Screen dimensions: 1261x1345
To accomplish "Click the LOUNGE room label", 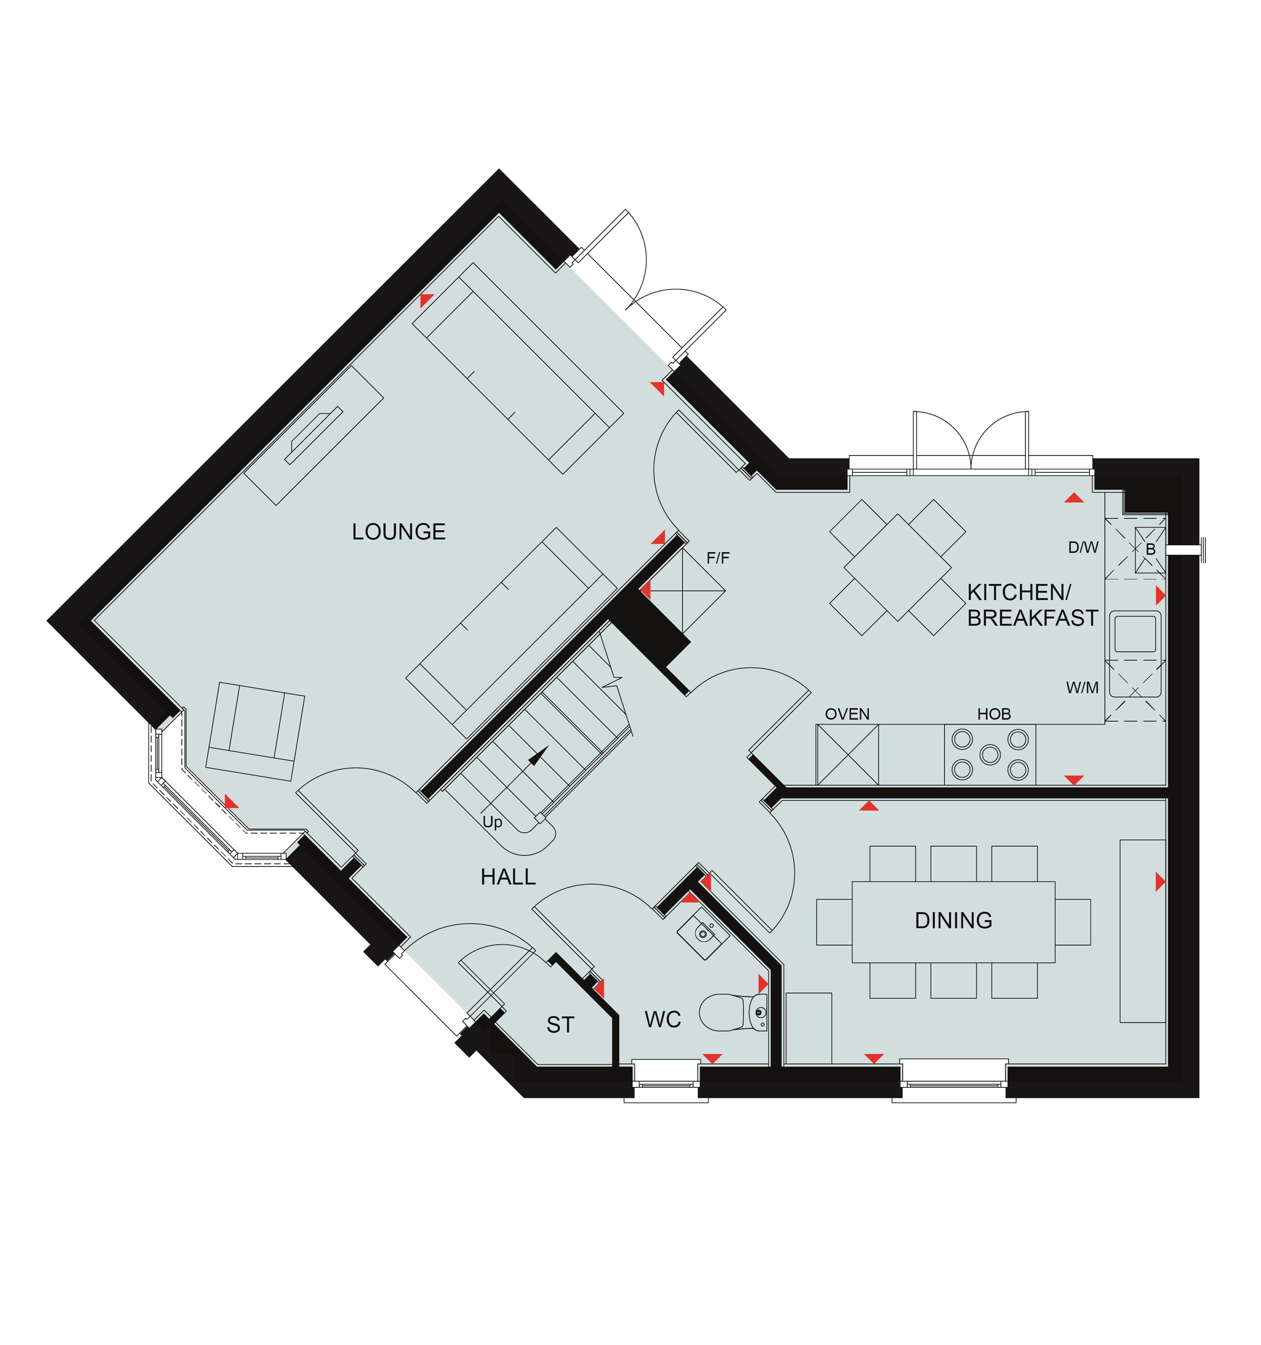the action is [399, 532].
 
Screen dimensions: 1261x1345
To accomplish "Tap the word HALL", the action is [507, 877].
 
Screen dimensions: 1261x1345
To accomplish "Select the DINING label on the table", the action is [953, 920].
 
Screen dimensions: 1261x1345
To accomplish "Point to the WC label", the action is [663, 1019].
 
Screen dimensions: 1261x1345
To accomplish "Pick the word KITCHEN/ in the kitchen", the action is [1019, 593].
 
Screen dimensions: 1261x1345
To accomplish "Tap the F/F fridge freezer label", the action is [718, 558].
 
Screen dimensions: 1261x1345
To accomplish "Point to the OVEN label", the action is [848, 714].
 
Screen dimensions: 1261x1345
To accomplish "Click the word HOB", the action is [994, 714].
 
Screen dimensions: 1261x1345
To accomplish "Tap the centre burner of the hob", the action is [990, 754].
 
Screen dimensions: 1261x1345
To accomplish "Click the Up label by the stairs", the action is [492, 822].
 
